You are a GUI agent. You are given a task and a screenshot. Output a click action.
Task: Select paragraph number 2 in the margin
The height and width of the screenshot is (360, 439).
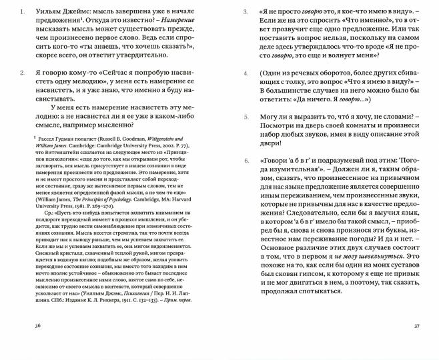click(x=24, y=71)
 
